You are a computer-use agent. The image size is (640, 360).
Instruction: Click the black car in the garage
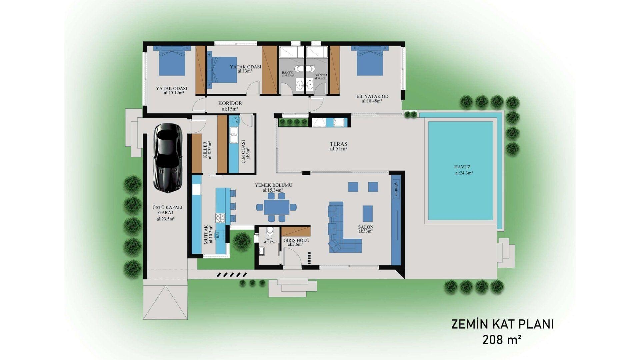[x=168, y=158]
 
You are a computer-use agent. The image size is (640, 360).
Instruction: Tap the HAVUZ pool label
[x=462, y=167]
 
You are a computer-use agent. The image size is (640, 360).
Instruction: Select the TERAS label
[x=339, y=144]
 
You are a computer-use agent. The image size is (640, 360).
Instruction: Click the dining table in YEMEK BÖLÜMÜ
[x=277, y=207]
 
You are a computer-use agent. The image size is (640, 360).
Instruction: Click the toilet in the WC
[x=270, y=231]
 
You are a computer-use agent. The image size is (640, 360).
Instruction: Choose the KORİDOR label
[x=230, y=103]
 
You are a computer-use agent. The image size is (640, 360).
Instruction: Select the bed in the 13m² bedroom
[x=222, y=70]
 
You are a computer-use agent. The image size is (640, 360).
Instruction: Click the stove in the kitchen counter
[x=220, y=218]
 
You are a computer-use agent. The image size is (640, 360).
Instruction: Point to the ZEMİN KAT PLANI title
[x=502, y=324]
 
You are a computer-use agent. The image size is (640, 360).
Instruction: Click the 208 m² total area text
[x=502, y=340]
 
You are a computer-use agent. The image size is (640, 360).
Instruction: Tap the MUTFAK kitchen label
[x=206, y=235]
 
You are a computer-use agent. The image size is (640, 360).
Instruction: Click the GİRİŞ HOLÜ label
[x=296, y=240]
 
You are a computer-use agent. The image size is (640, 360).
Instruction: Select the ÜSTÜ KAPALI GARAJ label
[x=167, y=210]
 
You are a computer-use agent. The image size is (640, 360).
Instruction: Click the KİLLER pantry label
[x=205, y=150]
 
